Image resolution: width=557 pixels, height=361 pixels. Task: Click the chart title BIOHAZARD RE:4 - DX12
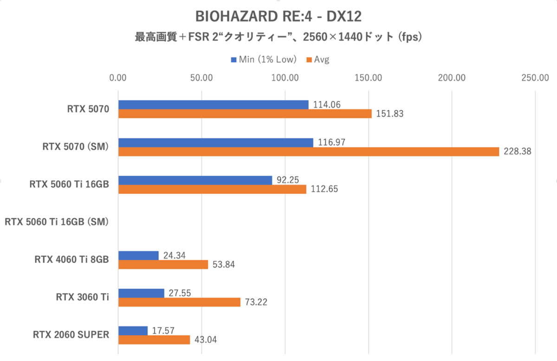tap(278, 16)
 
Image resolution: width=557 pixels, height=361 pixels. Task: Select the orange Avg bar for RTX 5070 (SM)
tap(309, 152)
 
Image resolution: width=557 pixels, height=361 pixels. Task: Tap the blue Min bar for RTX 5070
tap(214, 105)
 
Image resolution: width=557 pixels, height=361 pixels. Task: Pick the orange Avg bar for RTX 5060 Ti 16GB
tap(212, 189)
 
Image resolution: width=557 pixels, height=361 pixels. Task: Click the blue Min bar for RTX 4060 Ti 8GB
tap(138, 255)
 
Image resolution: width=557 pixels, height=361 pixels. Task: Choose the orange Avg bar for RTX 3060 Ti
tap(179, 302)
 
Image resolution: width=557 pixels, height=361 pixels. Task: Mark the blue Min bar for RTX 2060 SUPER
tap(133, 331)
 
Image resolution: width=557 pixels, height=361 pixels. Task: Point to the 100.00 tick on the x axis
tap(285, 78)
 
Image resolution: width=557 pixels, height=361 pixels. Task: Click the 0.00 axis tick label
tap(118, 78)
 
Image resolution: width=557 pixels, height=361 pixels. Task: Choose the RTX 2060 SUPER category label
tap(71, 335)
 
